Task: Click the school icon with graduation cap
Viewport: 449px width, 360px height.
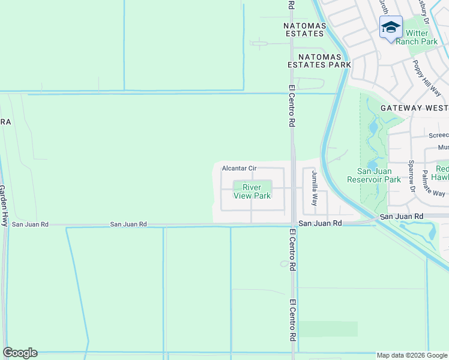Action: point(391,28)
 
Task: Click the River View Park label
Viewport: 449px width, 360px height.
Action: point(256,191)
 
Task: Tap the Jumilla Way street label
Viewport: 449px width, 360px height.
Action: point(313,187)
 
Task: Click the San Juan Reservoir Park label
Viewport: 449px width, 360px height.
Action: point(374,175)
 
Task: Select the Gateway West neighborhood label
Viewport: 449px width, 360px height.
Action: point(414,108)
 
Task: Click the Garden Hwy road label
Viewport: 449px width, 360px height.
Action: point(4,205)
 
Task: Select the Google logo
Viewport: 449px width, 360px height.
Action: point(20,353)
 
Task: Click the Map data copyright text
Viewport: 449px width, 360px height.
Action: point(412,355)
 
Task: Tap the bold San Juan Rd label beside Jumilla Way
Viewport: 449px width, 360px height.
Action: point(321,223)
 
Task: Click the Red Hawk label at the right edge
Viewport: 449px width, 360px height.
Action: point(441,173)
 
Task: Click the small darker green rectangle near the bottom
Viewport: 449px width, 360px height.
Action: point(328,329)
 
